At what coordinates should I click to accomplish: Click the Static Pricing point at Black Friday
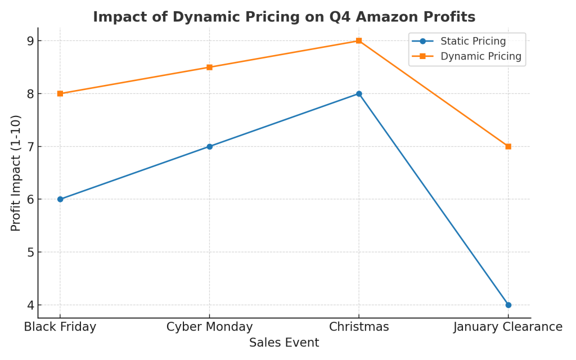point(60,199)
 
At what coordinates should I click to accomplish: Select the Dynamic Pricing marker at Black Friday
point(60,93)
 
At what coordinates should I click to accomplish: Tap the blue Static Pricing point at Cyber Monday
point(209,146)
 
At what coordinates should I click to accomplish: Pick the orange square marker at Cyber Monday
point(209,67)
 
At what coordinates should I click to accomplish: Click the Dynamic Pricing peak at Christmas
point(359,40)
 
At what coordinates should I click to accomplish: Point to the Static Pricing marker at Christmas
point(359,93)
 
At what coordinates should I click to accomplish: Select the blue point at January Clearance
point(508,305)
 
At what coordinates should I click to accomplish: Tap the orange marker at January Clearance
point(508,146)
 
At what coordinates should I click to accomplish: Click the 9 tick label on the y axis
point(30,40)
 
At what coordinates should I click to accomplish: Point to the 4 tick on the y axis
point(30,305)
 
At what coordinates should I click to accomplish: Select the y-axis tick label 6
point(30,199)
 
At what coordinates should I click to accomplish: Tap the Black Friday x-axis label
point(60,327)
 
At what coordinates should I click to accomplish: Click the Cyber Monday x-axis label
point(209,327)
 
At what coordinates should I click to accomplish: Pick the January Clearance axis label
point(508,327)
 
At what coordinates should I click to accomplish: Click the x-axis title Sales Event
point(284,343)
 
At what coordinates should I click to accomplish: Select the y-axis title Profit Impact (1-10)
point(16,173)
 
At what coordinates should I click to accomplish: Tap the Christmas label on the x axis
point(359,327)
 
